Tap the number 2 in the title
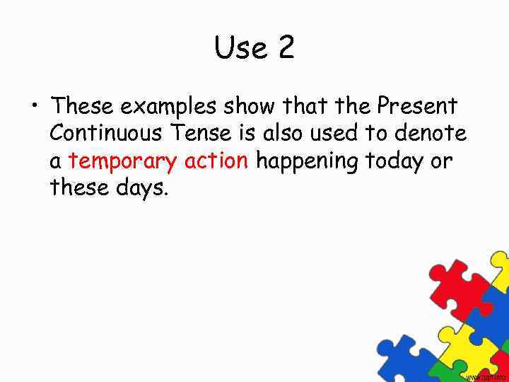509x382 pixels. tap(286, 48)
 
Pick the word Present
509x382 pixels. tap(417, 106)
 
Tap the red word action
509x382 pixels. tap(216, 161)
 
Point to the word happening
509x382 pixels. tap(306, 162)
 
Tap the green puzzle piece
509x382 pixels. tap(438, 371)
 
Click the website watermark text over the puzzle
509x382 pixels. tap(486, 378)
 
